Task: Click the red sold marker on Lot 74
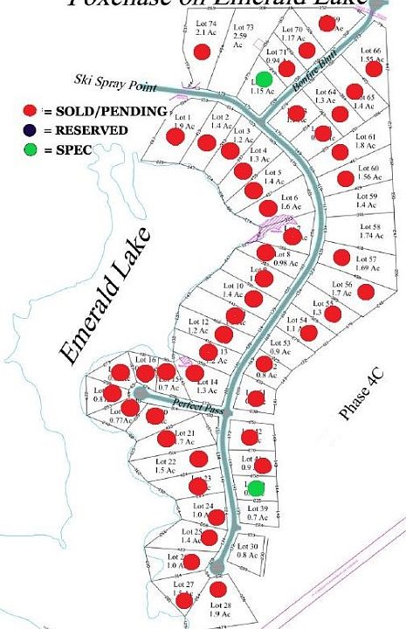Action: click(x=202, y=52)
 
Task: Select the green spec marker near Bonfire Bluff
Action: click(x=264, y=79)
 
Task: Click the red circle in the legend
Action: click(x=30, y=111)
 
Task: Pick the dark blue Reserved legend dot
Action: click(x=30, y=130)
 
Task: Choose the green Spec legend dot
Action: click(x=30, y=149)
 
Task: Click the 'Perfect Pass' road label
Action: click(x=192, y=404)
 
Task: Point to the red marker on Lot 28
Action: click(x=217, y=590)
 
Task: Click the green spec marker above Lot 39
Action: click(x=255, y=487)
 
